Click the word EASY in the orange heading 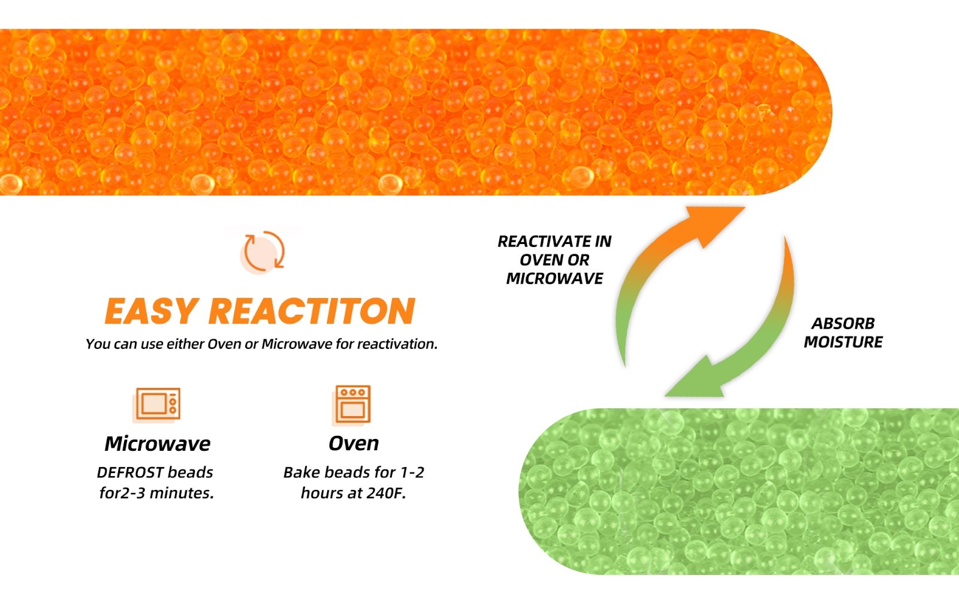point(150,311)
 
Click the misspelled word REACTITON point(312,311)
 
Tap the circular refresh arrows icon point(263,252)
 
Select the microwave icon point(156,405)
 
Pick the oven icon point(351,405)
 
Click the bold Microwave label point(158,444)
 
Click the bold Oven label point(354,444)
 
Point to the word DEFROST point(129,472)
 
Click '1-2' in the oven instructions point(412,472)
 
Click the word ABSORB point(843,324)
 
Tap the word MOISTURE point(843,342)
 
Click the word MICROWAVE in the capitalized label point(554,279)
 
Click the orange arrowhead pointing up point(713,222)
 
